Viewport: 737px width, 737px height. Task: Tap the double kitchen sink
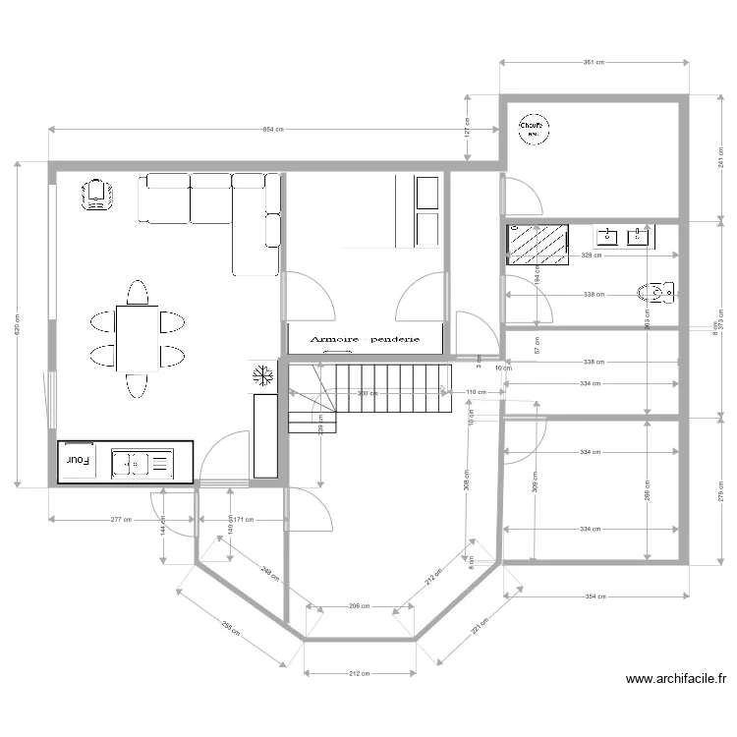(142, 461)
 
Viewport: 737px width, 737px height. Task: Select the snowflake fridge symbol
(262, 374)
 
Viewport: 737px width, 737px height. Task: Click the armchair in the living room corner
(95, 194)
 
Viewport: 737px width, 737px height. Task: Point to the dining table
(137, 337)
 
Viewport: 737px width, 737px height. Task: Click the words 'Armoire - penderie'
(365, 338)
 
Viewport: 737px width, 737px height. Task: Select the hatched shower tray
(538, 246)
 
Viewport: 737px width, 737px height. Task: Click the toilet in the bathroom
(656, 292)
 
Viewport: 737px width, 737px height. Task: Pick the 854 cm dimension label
(273, 130)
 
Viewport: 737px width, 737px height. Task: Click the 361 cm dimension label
(593, 63)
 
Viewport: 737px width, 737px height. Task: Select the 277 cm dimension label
(122, 519)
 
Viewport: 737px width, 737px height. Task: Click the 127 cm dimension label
(468, 129)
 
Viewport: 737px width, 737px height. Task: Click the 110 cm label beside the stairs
(476, 392)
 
